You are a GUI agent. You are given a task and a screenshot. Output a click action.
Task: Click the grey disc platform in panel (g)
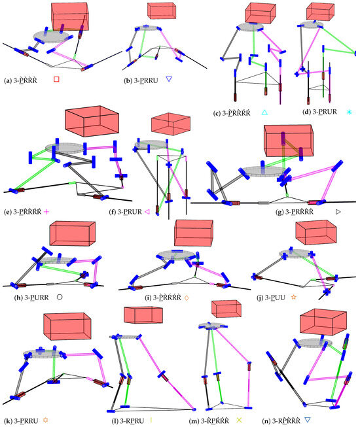tap(257, 171)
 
